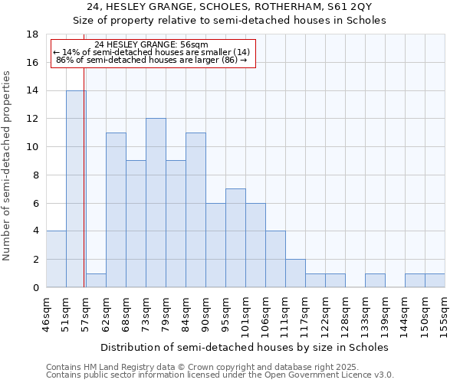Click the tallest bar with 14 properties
coord(76,188)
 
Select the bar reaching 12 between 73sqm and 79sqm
coord(156,203)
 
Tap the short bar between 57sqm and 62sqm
coord(96,280)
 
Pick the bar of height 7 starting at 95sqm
coord(235,237)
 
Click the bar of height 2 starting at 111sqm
coord(295,273)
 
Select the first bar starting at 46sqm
coord(56,259)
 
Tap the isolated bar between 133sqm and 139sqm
coord(375,280)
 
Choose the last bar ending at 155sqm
coord(435,280)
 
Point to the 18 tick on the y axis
coord(33,34)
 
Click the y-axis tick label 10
coord(33,147)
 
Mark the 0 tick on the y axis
coord(36,287)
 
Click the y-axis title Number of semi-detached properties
coord(8,165)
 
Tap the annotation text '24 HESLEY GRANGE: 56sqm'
coord(151,44)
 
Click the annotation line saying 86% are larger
coord(151,59)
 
